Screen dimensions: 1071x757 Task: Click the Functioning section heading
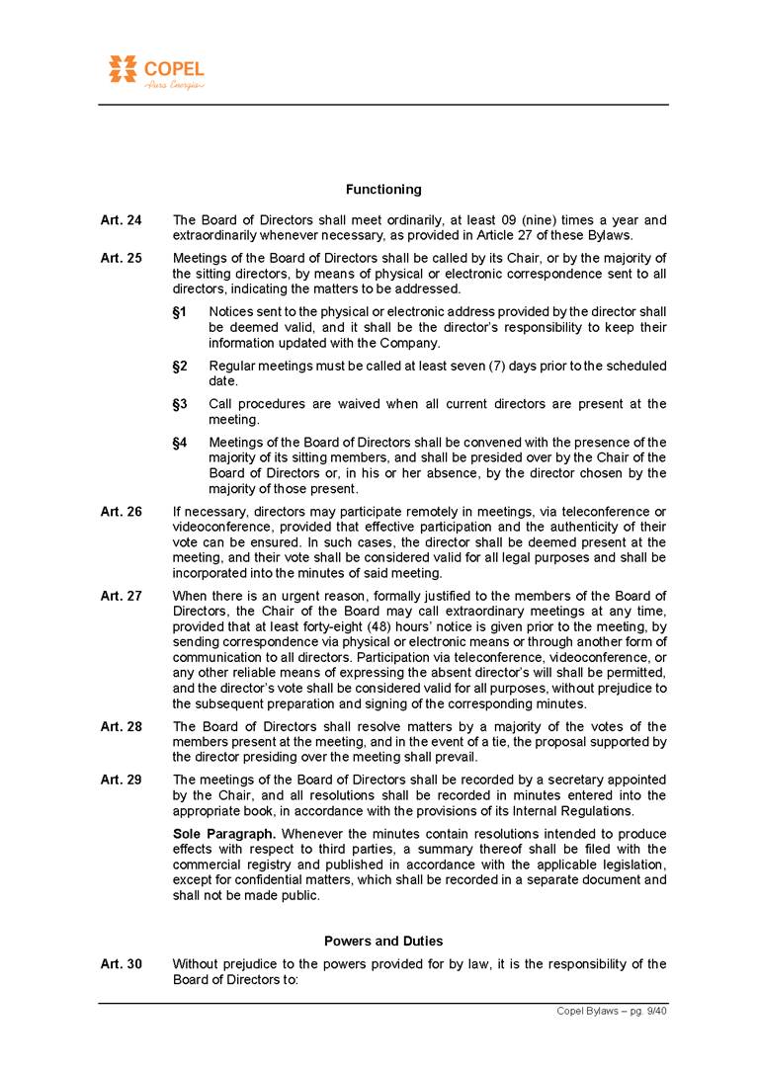(383, 189)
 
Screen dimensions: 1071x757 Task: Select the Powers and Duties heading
(383, 941)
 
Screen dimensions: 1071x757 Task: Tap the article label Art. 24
(122, 220)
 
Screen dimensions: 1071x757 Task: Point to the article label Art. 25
(122, 259)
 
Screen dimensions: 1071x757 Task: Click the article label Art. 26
(122, 512)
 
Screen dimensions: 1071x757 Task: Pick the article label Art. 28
(122, 726)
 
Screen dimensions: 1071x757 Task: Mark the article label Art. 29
(122, 780)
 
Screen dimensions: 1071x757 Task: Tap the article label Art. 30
(122, 964)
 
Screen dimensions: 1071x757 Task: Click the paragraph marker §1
(180, 312)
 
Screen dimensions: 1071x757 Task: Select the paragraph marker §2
(180, 367)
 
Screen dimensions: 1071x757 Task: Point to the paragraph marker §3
(180, 404)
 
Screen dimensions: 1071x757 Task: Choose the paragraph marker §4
(180, 443)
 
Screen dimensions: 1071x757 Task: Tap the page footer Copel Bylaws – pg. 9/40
(613, 1011)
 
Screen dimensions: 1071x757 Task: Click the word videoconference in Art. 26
(219, 527)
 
